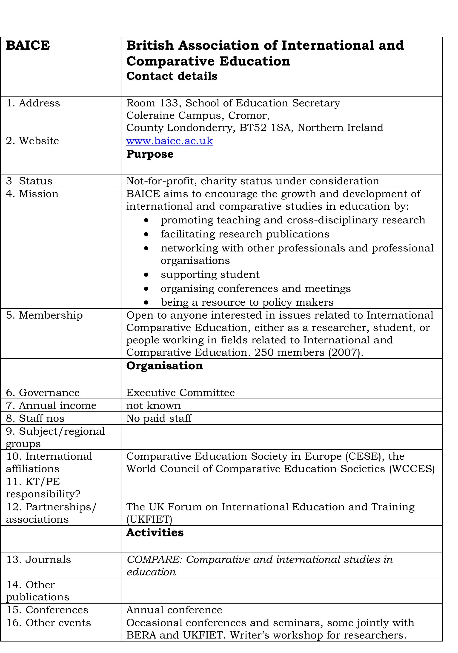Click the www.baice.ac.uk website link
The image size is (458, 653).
click(x=169, y=141)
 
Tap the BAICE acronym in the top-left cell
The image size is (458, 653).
click(x=28, y=46)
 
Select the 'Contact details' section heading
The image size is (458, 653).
click(x=172, y=76)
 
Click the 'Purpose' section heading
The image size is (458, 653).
click(x=150, y=154)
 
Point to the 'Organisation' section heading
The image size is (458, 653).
click(x=164, y=366)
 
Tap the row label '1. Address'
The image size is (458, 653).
click(x=33, y=103)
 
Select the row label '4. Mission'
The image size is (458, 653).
click(x=32, y=194)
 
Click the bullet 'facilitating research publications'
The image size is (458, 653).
click(x=245, y=234)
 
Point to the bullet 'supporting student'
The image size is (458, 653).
click(x=210, y=275)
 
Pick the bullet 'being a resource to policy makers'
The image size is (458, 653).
click(x=247, y=302)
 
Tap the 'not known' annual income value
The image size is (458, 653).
click(x=153, y=405)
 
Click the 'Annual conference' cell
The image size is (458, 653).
click(x=174, y=610)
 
